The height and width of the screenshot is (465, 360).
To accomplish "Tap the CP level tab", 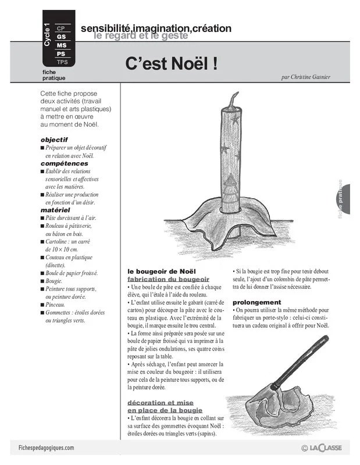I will tap(61, 28).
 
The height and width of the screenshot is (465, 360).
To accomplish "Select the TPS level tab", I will tap(62, 62).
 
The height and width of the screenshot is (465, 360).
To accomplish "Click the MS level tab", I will tap(62, 45).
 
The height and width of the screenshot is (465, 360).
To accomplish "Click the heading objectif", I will tap(54, 139).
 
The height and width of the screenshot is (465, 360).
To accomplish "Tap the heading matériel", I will tap(55, 209).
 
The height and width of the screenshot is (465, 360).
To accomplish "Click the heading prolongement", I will tap(256, 302).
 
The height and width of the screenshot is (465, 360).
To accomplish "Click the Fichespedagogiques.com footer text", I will tap(42, 448).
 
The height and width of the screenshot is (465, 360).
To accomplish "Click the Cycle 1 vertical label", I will tap(47, 35).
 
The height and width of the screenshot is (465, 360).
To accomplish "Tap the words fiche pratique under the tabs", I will tap(54, 74).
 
